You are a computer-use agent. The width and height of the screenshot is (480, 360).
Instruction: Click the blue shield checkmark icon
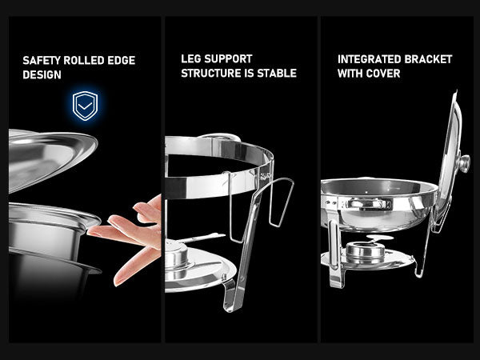tap(85, 105)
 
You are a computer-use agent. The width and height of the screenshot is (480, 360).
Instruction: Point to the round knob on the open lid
tap(463, 162)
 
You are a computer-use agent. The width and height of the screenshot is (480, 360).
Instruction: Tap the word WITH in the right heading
tap(350, 74)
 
